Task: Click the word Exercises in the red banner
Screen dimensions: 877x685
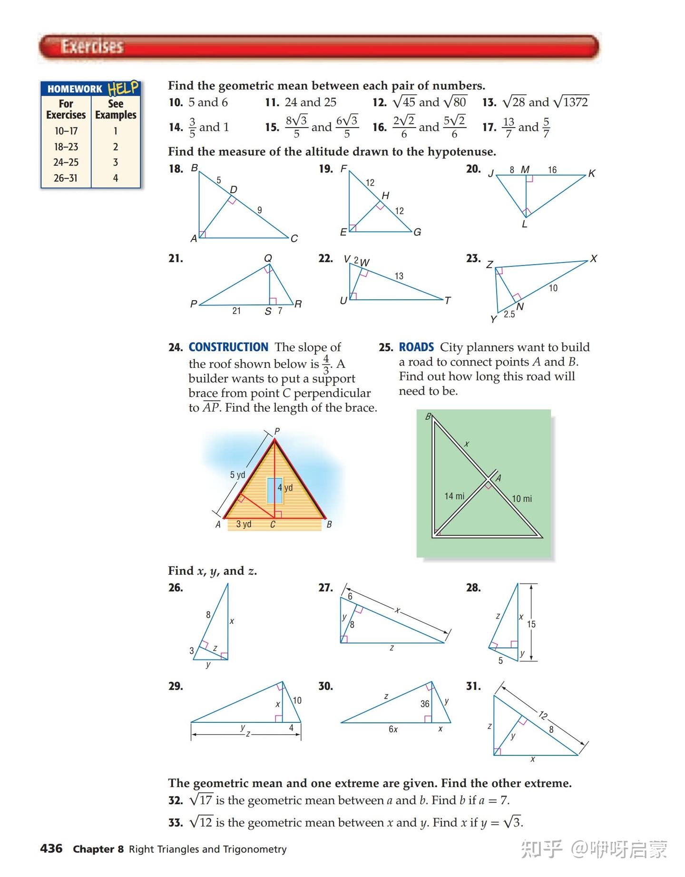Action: (x=92, y=47)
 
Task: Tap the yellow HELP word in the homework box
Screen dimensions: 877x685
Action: (x=123, y=88)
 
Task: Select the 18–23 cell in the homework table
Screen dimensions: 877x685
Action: (x=66, y=147)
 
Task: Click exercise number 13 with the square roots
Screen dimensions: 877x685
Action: (x=489, y=102)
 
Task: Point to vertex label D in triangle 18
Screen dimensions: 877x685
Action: (x=234, y=189)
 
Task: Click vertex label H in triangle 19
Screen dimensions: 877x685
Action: (x=385, y=195)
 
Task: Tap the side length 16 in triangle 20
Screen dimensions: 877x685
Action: (x=552, y=170)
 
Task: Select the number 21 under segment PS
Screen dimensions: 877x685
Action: (x=236, y=311)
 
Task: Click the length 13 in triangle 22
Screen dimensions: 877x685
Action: (x=399, y=276)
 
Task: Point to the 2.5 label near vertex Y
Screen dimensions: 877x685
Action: (x=509, y=315)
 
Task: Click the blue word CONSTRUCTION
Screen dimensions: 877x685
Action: (x=228, y=347)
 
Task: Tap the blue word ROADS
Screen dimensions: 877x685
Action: (x=416, y=347)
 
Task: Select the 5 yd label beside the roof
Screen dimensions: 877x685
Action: (x=237, y=475)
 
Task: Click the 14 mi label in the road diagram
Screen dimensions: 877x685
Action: (x=454, y=496)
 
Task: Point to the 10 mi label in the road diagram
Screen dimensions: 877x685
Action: (x=521, y=499)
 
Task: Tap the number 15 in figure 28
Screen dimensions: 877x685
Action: (x=531, y=624)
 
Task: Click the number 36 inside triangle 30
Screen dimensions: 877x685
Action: (x=425, y=704)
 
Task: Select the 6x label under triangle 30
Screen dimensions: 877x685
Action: (x=393, y=729)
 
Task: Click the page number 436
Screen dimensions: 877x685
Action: (x=51, y=848)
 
